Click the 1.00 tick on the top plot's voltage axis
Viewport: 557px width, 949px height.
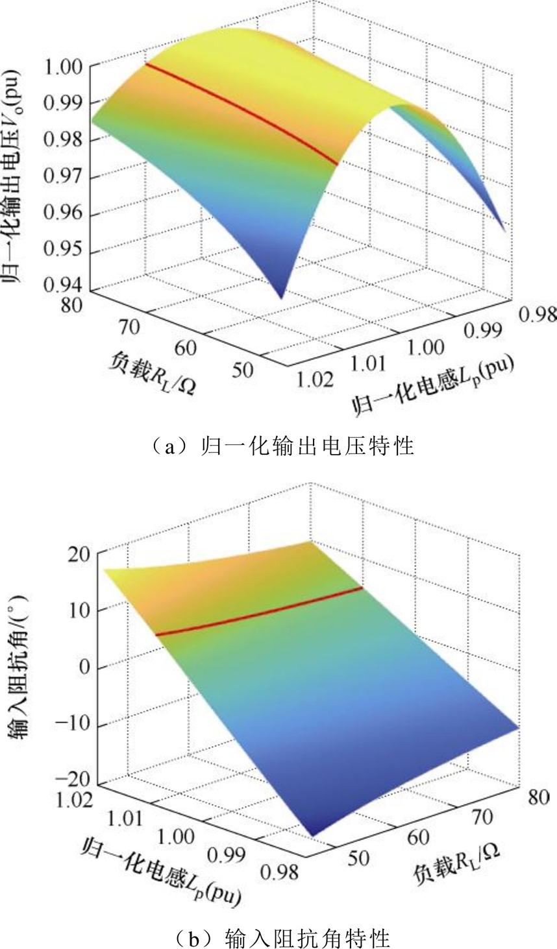pyautogui.click(x=62, y=66)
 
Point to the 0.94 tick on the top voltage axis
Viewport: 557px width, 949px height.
pyautogui.click(x=62, y=283)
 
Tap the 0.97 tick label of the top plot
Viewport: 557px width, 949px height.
pyautogui.click(x=62, y=176)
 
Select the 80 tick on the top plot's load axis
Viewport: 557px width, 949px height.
pyautogui.click(x=70, y=305)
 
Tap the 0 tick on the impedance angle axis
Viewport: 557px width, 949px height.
pyautogui.click(x=84, y=668)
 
